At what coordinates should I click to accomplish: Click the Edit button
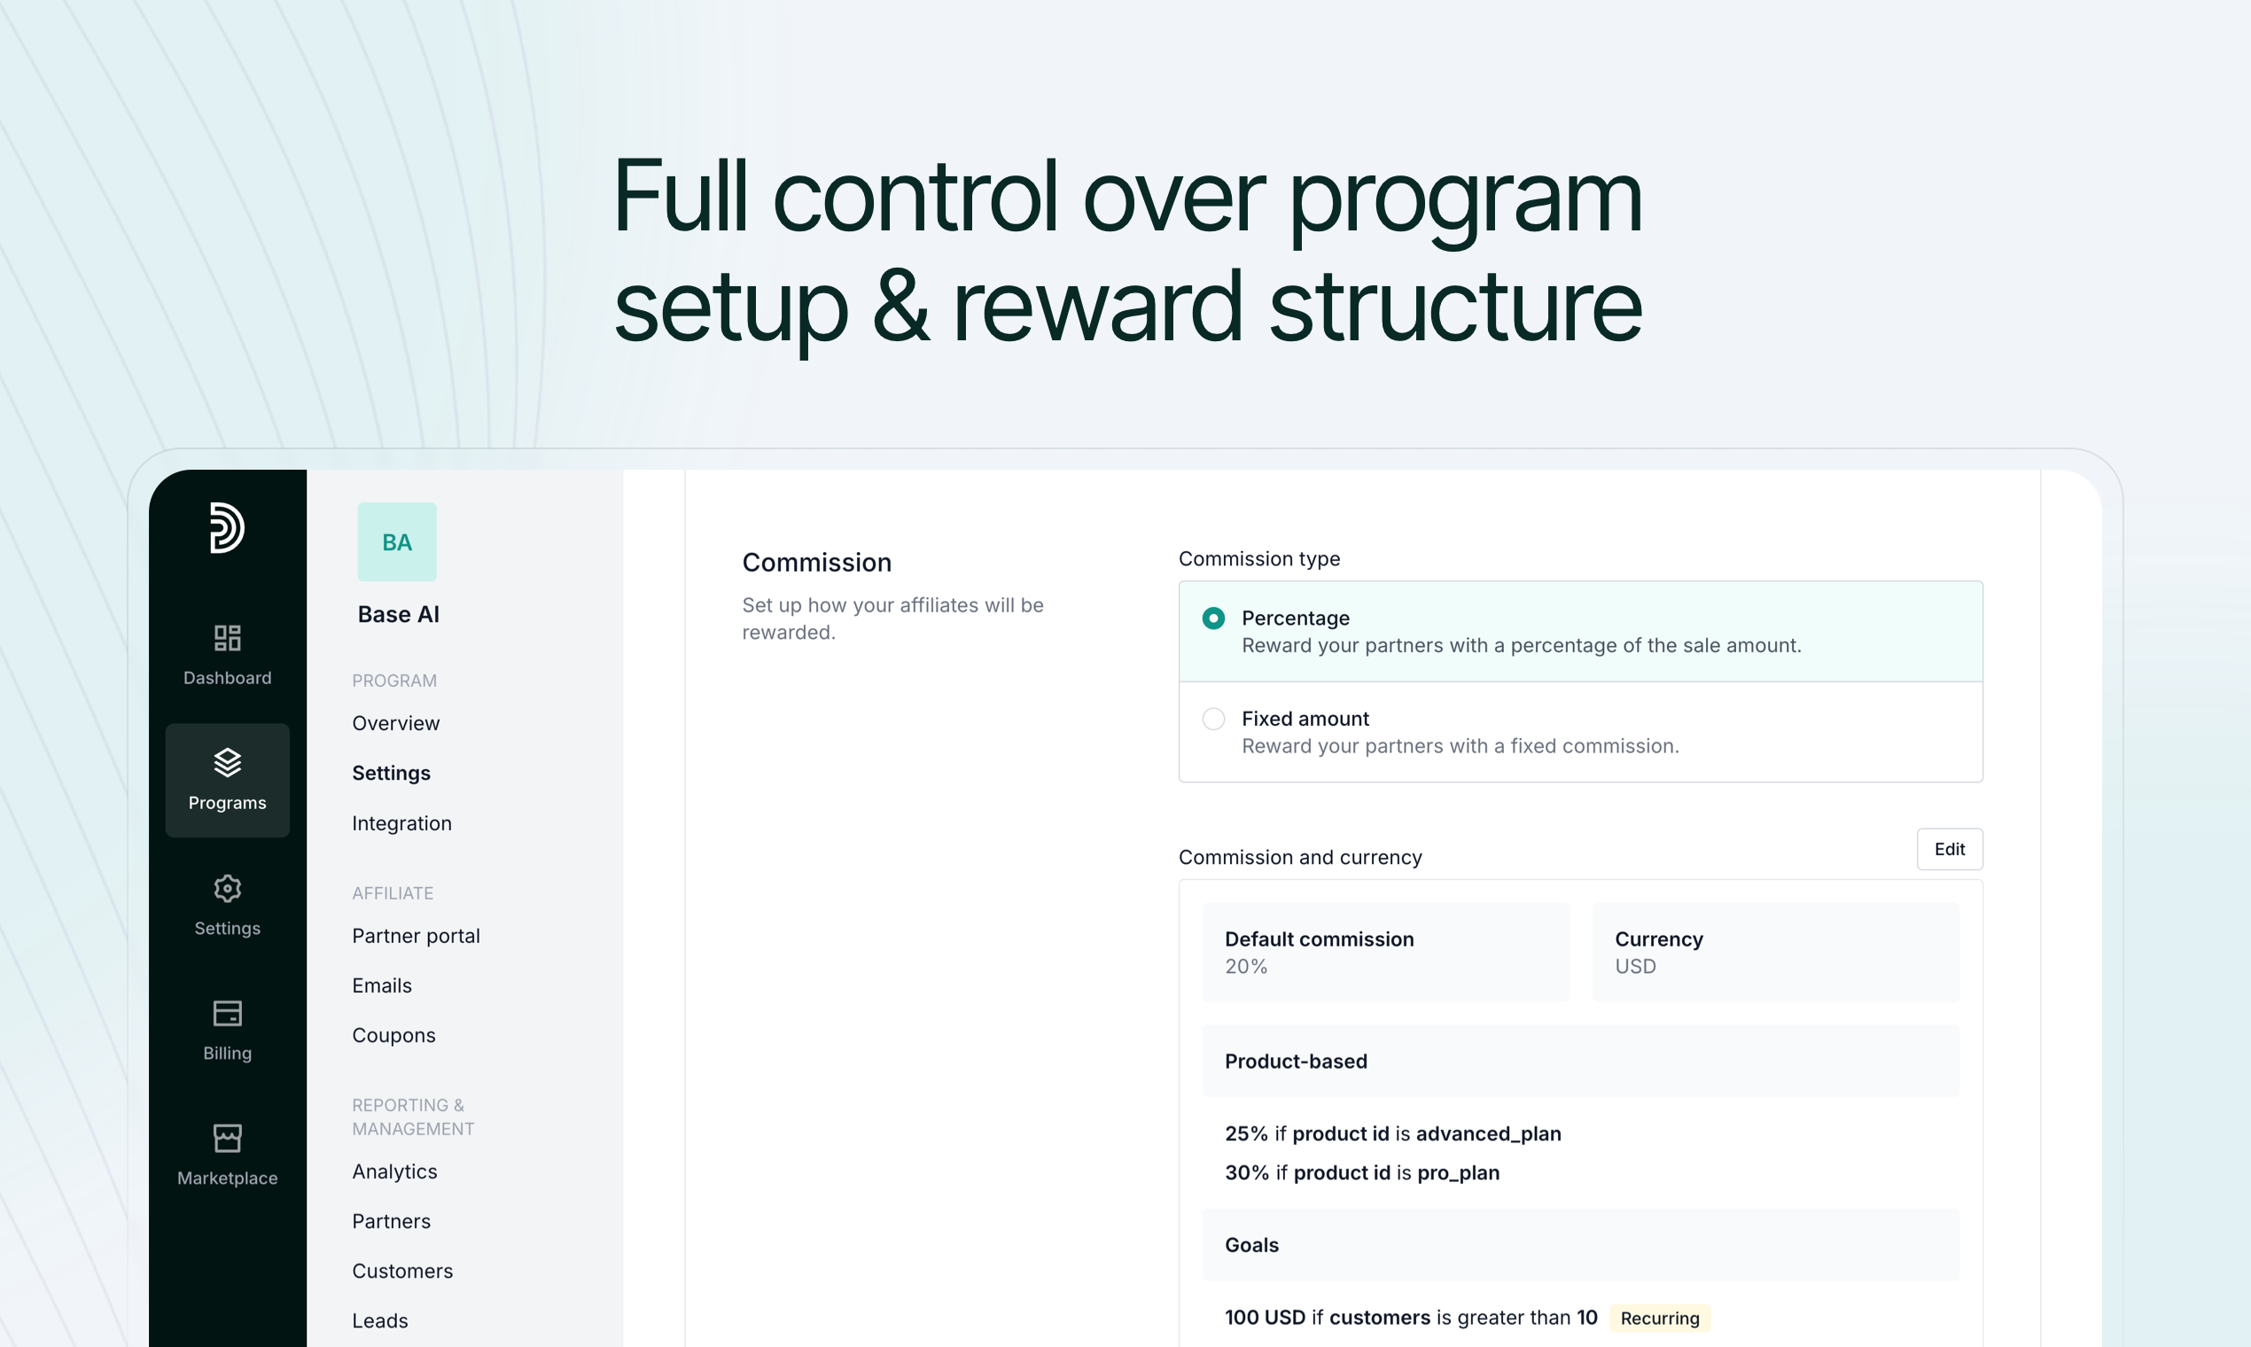1949,849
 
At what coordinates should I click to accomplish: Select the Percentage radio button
1213,619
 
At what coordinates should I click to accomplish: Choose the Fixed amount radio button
1213,719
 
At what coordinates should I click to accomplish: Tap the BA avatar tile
397,541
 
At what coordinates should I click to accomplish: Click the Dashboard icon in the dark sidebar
227,637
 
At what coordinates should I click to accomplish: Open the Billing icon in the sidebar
227,1013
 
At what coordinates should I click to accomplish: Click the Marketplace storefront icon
227,1138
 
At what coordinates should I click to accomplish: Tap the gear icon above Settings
227,889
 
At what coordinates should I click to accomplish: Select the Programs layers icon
227,763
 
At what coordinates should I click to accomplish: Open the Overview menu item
396,723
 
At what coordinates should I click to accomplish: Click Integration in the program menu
402,823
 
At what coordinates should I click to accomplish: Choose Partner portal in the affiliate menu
416,936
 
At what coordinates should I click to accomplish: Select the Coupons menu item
393,1036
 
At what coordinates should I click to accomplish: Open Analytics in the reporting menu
395,1172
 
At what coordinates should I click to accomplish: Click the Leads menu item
380,1320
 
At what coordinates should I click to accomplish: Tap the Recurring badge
1660,1318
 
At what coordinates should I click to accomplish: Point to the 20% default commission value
1246,967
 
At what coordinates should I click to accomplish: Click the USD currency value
1636,967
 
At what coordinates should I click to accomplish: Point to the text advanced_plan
1489,1134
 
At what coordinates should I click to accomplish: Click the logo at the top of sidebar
227,527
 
